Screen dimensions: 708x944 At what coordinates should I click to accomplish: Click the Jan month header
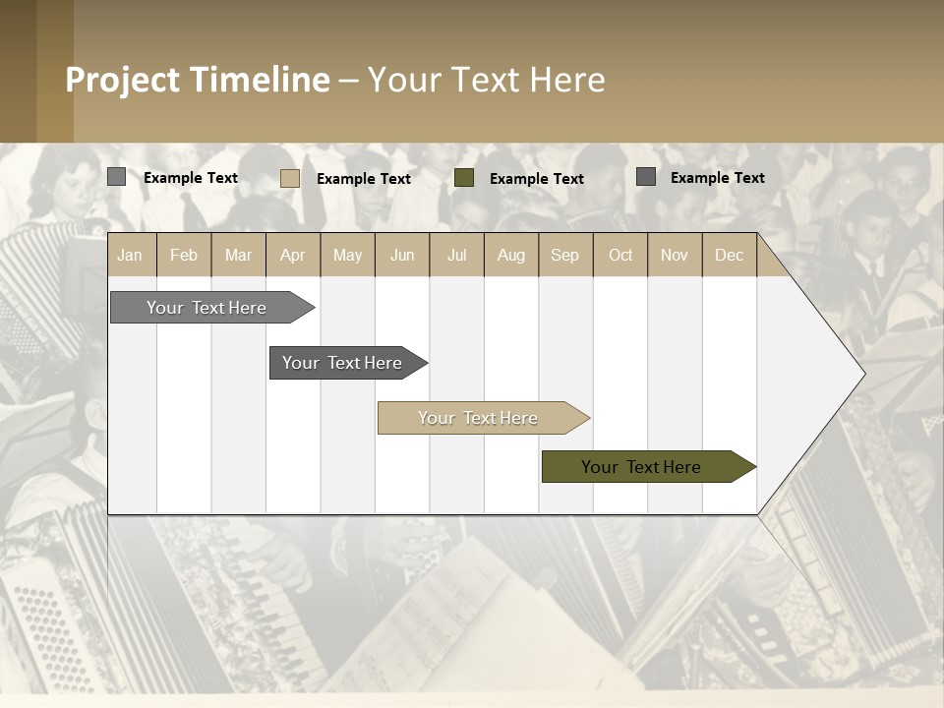(130, 255)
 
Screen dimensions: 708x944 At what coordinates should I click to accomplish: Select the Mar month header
(238, 255)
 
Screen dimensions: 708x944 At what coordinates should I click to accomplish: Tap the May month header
(347, 255)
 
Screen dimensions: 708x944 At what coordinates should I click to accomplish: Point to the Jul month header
(456, 255)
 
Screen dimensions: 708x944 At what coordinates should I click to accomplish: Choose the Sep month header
(564, 255)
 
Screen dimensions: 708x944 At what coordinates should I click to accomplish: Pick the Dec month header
(729, 255)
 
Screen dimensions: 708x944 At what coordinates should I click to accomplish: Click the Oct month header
(620, 255)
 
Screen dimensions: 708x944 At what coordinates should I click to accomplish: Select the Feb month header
(184, 255)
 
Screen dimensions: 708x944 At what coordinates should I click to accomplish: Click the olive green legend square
(464, 177)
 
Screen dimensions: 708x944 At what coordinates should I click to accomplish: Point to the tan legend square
(290, 178)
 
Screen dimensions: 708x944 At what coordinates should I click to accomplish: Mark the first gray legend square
(116, 176)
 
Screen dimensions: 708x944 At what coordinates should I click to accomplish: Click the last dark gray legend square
(646, 176)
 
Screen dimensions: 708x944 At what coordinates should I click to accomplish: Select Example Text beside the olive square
(536, 178)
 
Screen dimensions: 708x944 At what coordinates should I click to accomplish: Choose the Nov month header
(675, 255)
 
